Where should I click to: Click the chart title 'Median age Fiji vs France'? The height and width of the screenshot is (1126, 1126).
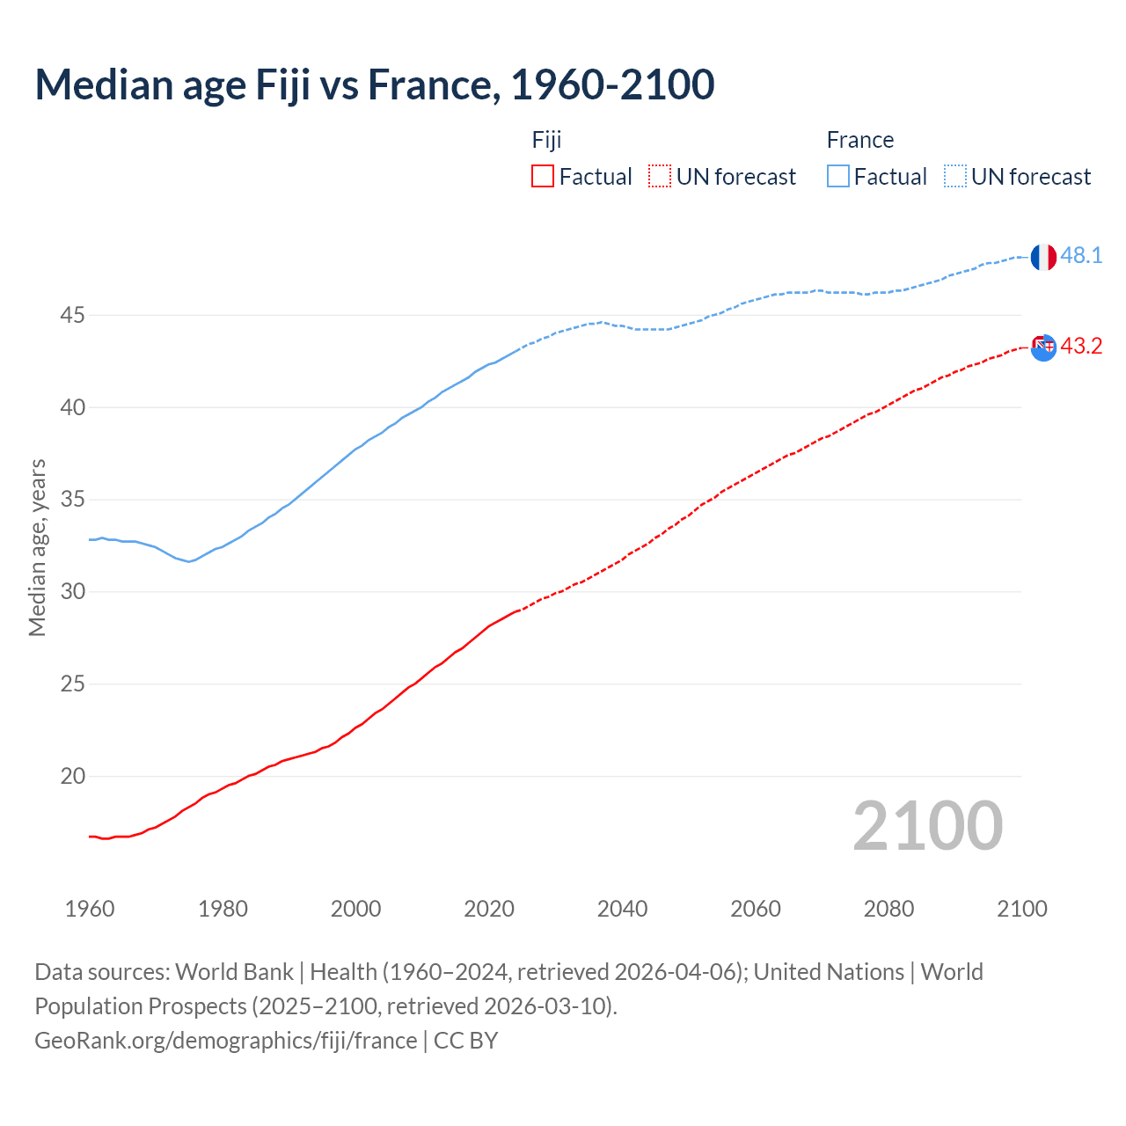pyautogui.click(x=374, y=85)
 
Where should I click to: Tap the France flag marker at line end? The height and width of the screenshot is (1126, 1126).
pyautogui.click(x=1043, y=257)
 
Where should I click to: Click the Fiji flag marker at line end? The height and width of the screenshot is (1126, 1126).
pyautogui.click(x=1043, y=347)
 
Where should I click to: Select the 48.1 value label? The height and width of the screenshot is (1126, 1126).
pyautogui.click(x=1081, y=256)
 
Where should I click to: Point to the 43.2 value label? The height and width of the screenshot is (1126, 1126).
pyautogui.click(x=1081, y=347)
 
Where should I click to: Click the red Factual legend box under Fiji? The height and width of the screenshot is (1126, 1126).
pyautogui.click(x=543, y=177)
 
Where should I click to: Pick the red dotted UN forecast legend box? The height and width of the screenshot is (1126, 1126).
pyautogui.click(x=660, y=177)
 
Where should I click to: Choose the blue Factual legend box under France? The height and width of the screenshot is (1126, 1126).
pyautogui.click(x=838, y=177)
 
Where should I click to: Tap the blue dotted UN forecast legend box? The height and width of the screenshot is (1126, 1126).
pyautogui.click(x=955, y=177)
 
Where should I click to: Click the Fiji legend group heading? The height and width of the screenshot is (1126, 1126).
pyautogui.click(x=546, y=140)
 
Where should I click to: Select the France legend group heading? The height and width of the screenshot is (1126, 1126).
pyautogui.click(x=859, y=140)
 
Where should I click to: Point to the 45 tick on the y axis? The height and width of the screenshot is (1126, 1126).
pyautogui.click(x=72, y=315)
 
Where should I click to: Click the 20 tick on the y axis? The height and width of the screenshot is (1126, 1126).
pyautogui.click(x=72, y=776)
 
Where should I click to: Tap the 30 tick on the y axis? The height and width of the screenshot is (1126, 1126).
pyautogui.click(x=72, y=591)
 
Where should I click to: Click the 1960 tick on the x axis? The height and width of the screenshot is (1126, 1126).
pyautogui.click(x=90, y=909)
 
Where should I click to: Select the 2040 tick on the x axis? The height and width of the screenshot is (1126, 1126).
pyautogui.click(x=622, y=909)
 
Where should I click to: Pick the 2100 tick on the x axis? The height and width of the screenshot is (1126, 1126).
pyautogui.click(x=1022, y=909)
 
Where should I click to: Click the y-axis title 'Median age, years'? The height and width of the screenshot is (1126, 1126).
pyautogui.click(x=37, y=547)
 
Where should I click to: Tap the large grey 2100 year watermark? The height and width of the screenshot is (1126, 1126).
pyautogui.click(x=927, y=826)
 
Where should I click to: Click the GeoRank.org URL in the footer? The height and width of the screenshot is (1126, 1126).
pyautogui.click(x=225, y=1041)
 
